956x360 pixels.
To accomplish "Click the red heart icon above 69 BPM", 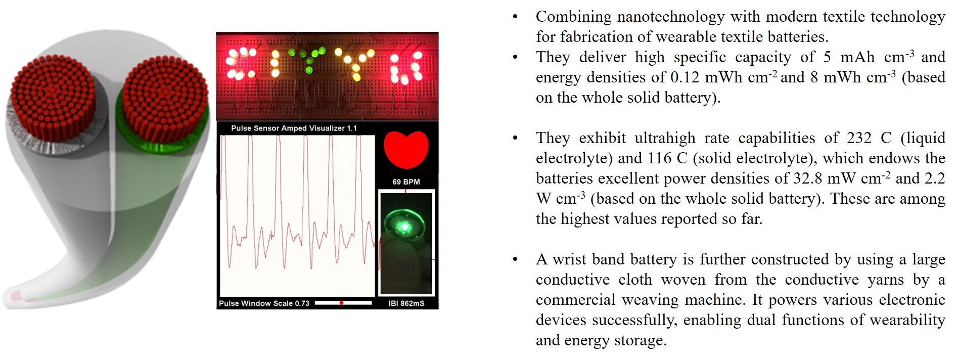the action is point(406,150).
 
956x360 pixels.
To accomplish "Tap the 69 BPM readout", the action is point(406,182).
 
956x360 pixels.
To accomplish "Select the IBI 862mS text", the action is point(406,303).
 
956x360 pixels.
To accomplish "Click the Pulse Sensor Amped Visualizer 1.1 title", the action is point(294,128).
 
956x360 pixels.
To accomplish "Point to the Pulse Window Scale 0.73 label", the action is point(264,303).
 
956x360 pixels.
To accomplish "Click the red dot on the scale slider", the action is point(341,303).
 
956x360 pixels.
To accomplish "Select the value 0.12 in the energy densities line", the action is point(686,77).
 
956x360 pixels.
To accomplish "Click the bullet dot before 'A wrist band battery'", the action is point(515,260).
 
